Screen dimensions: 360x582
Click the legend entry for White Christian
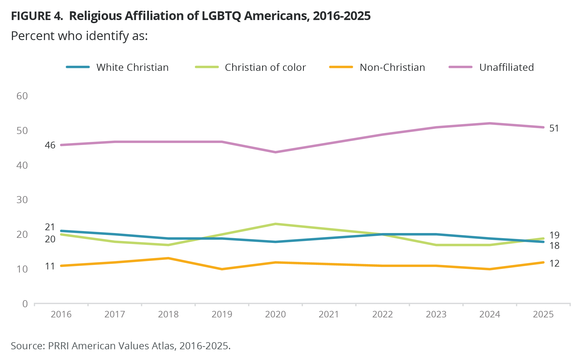coord(132,67)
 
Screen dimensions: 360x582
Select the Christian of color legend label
coord(265,67)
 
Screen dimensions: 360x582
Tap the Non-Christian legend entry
coord(392,67)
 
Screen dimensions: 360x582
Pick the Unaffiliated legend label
coord(506,67)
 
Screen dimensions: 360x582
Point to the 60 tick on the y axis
coord(22,96)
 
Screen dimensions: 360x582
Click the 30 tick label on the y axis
coord(22,200)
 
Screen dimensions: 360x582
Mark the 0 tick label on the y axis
coord(25,304)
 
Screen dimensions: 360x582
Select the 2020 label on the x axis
coord(275,314)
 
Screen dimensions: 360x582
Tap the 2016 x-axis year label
coord(61,314)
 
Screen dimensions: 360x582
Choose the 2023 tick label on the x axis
coord(436,314)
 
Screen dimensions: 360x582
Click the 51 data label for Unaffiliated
coord(554,128)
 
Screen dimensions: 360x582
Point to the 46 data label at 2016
coord(50,145)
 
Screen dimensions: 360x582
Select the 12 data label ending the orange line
coord(554,263)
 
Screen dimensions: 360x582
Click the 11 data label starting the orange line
coord(50,266)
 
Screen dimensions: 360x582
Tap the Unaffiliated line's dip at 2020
coord(275,152)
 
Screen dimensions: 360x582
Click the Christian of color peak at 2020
coord(275,224)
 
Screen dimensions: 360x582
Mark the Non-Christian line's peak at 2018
coord(168,258)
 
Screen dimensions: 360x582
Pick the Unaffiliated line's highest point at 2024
coord(490,123)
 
